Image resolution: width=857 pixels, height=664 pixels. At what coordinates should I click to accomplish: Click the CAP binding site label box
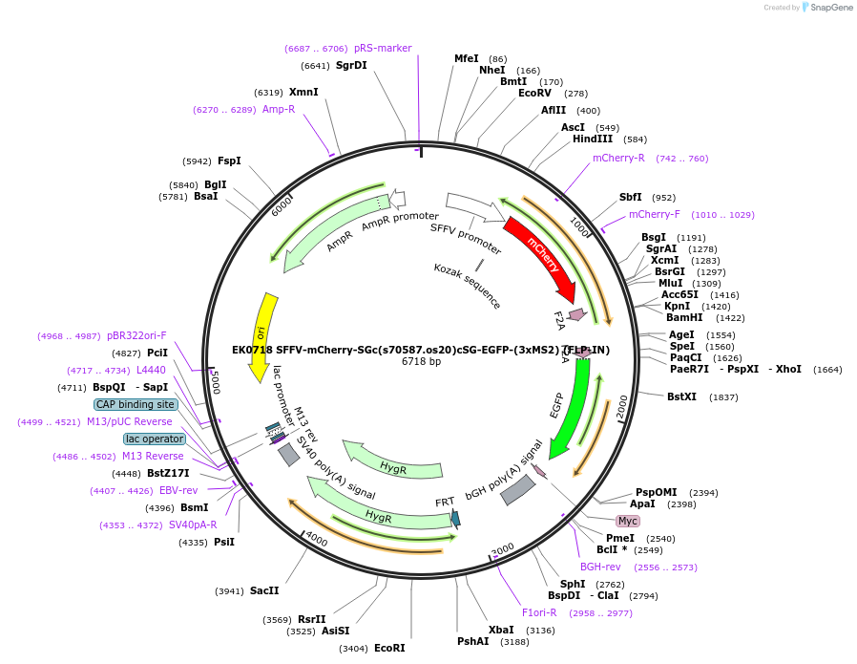tap(135, 404)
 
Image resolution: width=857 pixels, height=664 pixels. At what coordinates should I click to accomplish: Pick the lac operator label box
tap(155, 439)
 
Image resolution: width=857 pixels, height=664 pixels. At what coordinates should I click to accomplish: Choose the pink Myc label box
tap(627, 521)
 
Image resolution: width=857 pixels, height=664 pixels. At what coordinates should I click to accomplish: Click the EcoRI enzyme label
tap(389, 648)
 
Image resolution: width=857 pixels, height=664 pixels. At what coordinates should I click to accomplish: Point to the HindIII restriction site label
tap(593, 139)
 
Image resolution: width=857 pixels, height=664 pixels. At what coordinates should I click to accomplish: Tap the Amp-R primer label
tap(279, 109)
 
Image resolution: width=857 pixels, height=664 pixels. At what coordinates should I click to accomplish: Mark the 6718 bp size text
tap(421, 361)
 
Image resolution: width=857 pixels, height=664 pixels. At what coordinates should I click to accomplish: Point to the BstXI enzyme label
tap(682, 396)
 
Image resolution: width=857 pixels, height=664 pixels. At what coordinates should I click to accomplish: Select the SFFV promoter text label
tap(465, 232)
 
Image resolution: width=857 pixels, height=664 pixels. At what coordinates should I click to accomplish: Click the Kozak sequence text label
tap(467, 286)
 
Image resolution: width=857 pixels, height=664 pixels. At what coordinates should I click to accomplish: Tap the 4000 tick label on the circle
tap(316, 540)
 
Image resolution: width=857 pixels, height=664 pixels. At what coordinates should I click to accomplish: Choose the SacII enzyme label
tap(264, 590)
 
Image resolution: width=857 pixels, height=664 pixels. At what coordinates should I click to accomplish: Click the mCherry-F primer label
tap(655, 214)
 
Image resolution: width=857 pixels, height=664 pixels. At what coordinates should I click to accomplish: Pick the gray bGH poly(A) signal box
tap(518, 489)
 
